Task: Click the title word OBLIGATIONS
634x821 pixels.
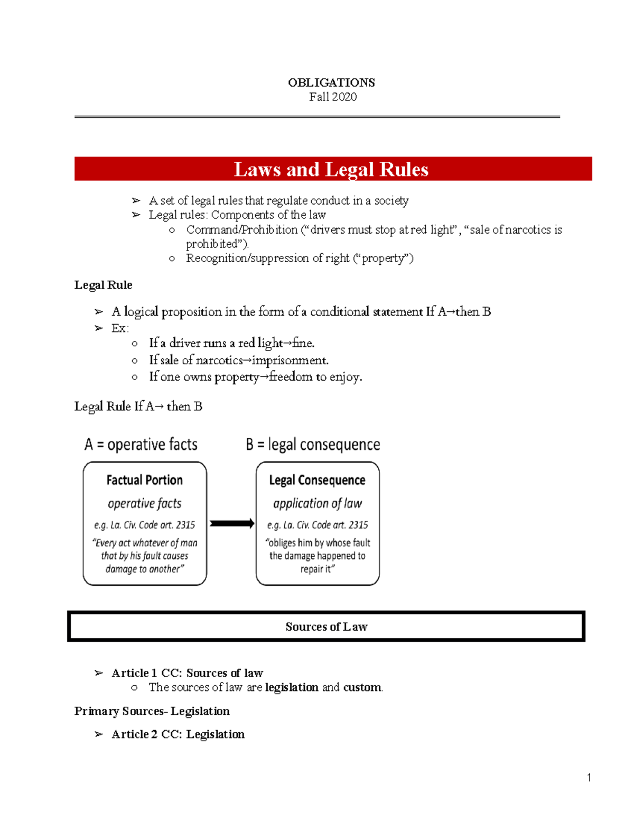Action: pos(331,82)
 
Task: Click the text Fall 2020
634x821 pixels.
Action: pos(333,97)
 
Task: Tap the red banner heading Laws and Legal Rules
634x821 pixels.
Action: pos(331,169)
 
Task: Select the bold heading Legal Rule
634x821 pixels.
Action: pos(103,285)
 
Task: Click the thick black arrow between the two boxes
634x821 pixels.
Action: pos(232,523)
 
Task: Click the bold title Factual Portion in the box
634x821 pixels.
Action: pos(144,480)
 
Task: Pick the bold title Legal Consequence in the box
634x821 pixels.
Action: pos(317,480)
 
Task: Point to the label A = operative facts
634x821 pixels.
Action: pos(141,445)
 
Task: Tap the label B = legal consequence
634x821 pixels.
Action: pos(313,445)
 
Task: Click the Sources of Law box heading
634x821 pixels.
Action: pos(326,627)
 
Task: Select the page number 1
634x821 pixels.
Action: pos(589,777)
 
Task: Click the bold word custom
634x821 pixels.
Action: pos(362,687)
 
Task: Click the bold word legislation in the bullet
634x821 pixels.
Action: pos(292,687)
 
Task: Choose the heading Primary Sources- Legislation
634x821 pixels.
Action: pos(152,711)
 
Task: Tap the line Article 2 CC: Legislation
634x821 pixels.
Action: pos(178,734)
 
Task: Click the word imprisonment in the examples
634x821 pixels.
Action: pos(290,361)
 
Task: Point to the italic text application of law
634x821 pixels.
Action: pos(317,503)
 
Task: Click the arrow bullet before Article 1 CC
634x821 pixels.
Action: pos(99,673)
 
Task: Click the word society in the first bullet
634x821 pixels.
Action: pos(391,200)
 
